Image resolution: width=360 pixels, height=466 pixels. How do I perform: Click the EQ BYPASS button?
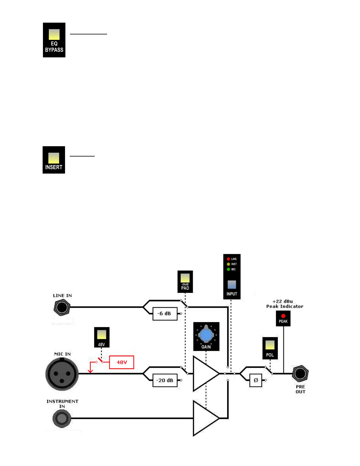[54, 35]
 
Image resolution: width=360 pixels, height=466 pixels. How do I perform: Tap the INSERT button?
[54, 158]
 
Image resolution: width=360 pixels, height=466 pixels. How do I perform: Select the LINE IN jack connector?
[62, 307]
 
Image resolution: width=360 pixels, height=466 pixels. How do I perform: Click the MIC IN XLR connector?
[62, 374]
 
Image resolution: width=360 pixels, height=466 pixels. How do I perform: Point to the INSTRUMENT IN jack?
[62, 418]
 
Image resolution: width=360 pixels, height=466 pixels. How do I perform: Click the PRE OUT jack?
[300, 374]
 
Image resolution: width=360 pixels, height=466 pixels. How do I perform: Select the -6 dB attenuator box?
[165, 314]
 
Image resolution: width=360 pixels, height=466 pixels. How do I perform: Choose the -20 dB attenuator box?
[165, 380]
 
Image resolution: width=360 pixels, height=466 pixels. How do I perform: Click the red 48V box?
[121, 362]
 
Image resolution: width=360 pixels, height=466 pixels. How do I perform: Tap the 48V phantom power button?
[101, 335]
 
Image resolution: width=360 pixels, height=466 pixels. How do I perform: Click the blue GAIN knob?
[206, 335]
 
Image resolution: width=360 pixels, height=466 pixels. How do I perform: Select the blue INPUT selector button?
[232, 284]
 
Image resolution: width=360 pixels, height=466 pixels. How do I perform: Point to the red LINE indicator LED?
[228, 259]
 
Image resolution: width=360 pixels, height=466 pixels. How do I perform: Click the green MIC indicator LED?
[228, 269]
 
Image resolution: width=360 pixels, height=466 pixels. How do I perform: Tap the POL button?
[270, 345]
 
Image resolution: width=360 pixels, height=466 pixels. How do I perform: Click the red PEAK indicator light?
[283, 316]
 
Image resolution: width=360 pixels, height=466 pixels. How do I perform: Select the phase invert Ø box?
[256, 380]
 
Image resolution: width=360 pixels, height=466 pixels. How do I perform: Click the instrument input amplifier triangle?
[204, 418]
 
